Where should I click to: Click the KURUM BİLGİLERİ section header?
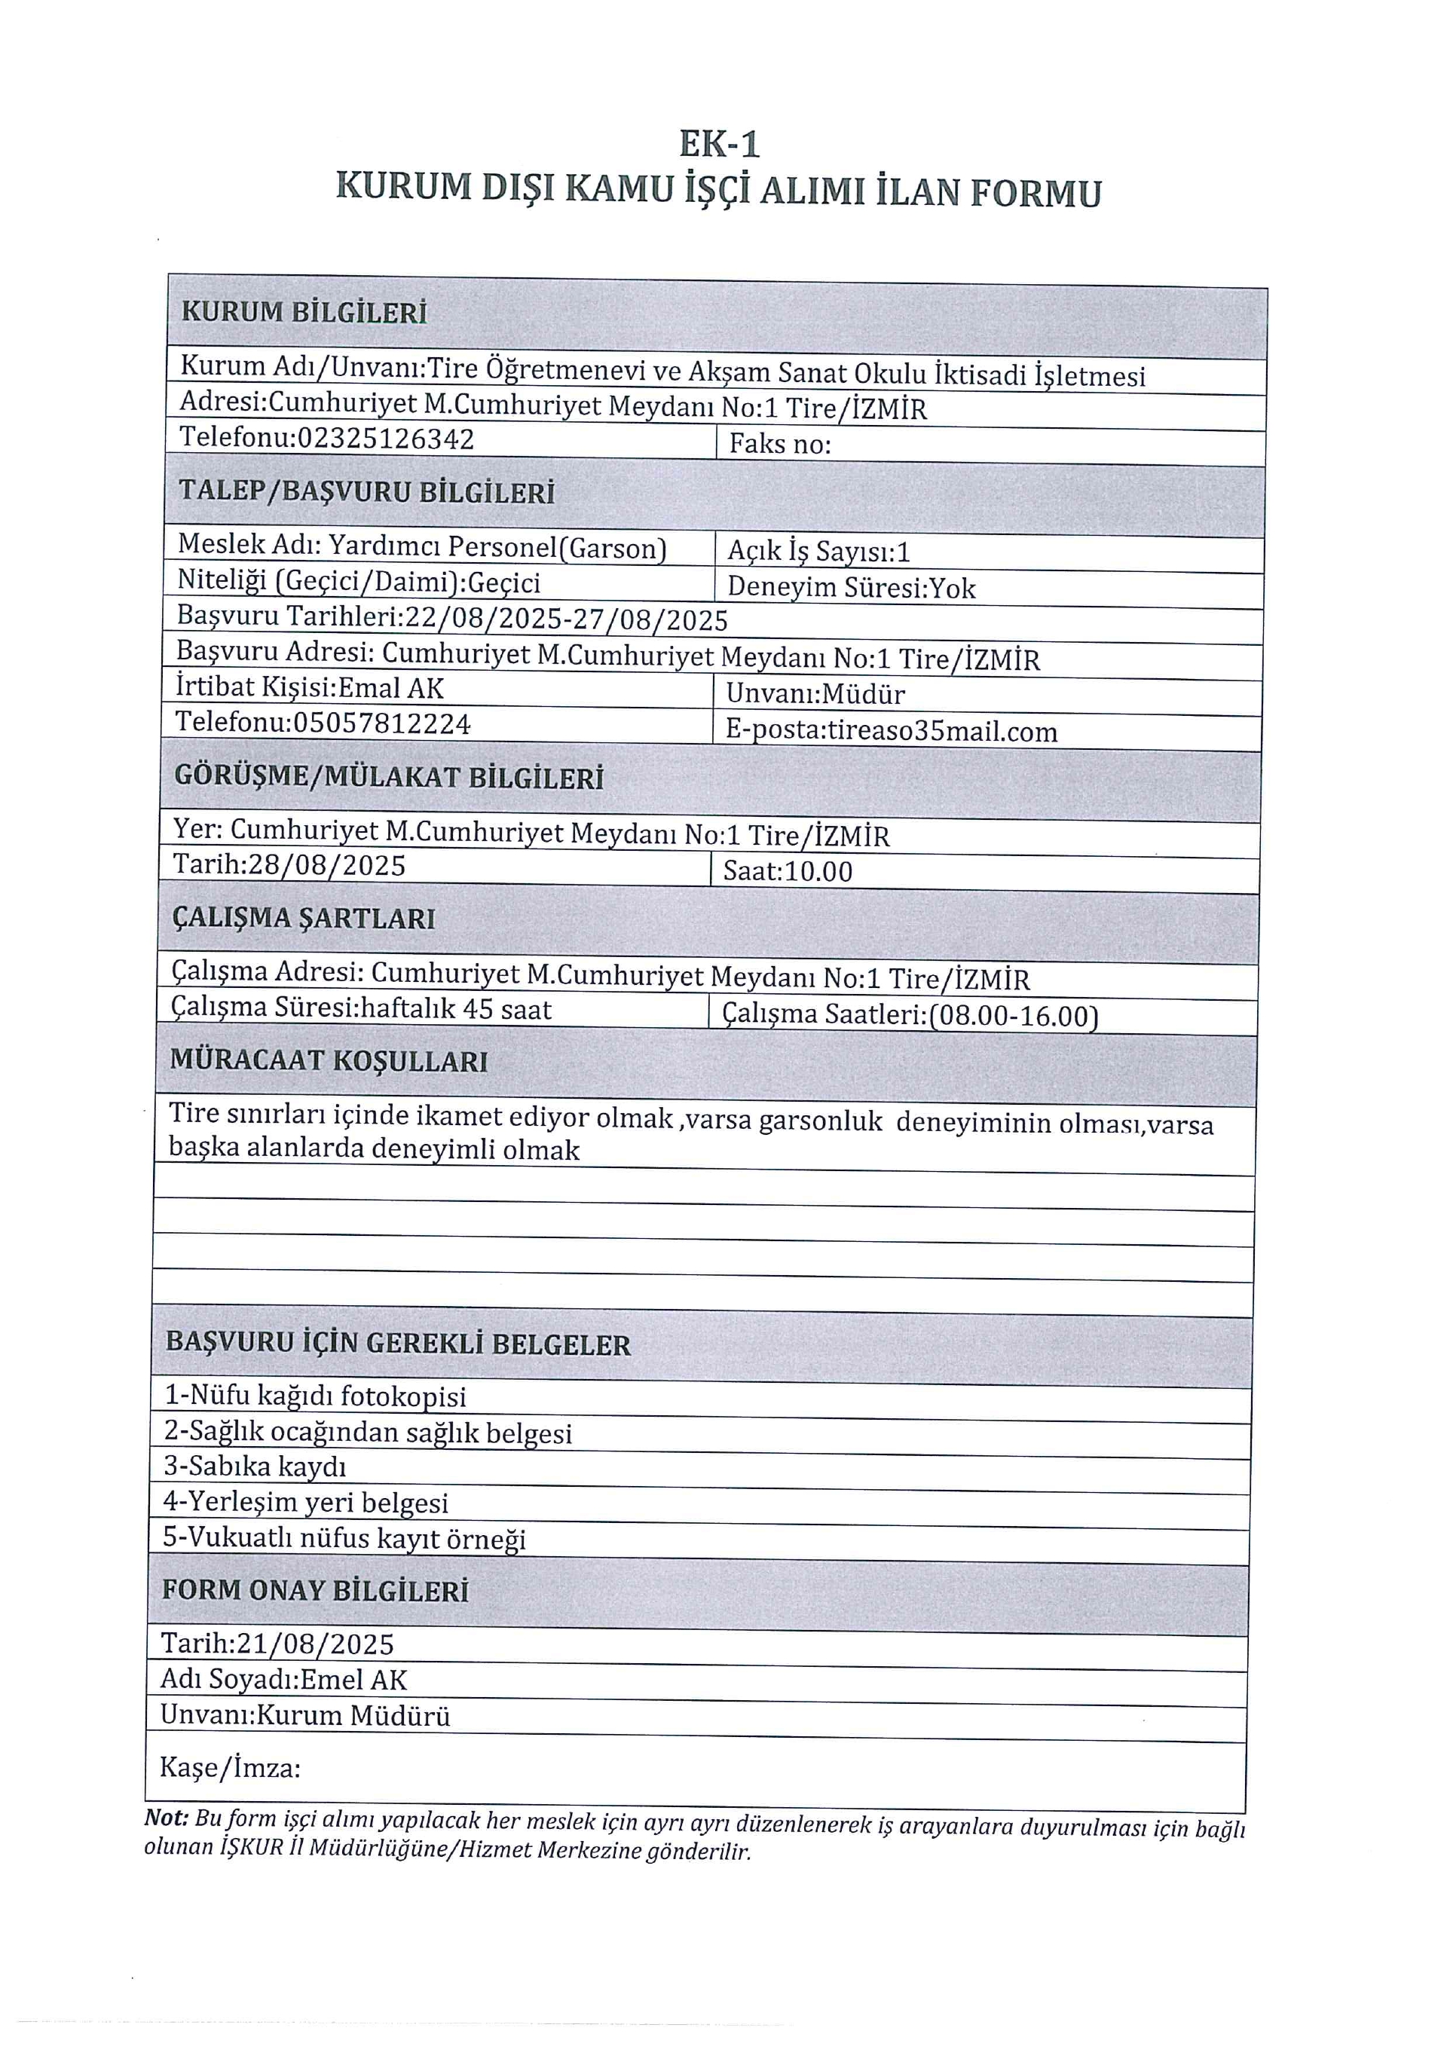(x=304, y=313)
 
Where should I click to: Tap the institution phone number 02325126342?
(x=385, y=439)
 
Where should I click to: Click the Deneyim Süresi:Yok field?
(x=851, y=588)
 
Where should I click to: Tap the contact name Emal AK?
(x=391, y=688)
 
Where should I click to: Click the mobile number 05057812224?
(x=381, y=723)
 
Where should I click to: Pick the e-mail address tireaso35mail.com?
(x=942, y=732)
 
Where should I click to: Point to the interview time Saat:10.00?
(x=788, y=871)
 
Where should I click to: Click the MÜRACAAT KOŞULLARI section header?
(x=329, y=1061)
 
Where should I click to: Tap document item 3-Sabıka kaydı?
(x=255, y=1466)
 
